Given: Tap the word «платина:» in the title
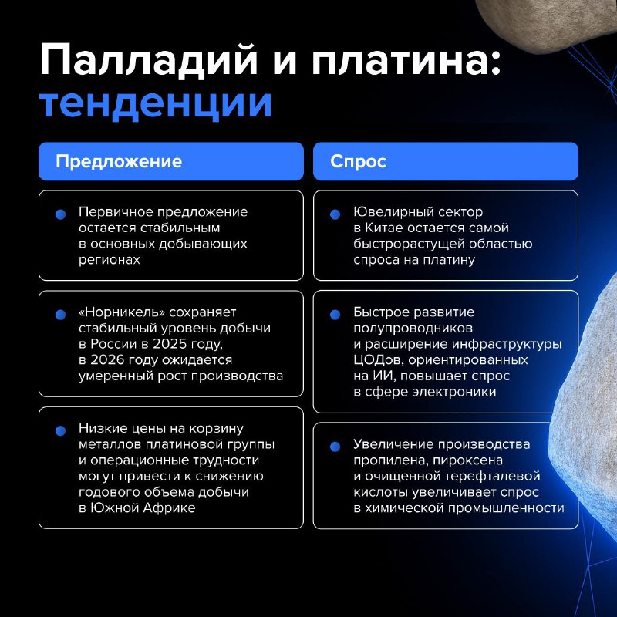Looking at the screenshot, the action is click(x=406, y=61).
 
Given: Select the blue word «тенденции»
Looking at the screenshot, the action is click(x=156, y=103).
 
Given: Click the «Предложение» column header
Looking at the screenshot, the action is click(x=119, y=161).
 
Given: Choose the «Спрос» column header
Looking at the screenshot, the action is click(x=358, y=161).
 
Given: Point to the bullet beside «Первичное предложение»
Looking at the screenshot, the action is click(x=60, y=214).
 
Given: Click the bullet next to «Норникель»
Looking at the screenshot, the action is click(x=60, y=315).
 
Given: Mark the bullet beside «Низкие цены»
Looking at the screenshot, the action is click(x=60, y=431).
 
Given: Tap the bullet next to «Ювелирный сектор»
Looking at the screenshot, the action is click(x=335, y=214).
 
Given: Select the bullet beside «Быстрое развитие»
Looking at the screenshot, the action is click(x=335, y=315).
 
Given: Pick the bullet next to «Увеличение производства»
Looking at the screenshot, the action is click(x=335, y=447).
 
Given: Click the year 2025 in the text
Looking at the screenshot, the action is click(x=170, y=344).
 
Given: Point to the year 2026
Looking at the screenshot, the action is click(x=107, y=359).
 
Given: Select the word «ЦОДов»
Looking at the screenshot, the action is click(x=379, y=360).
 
